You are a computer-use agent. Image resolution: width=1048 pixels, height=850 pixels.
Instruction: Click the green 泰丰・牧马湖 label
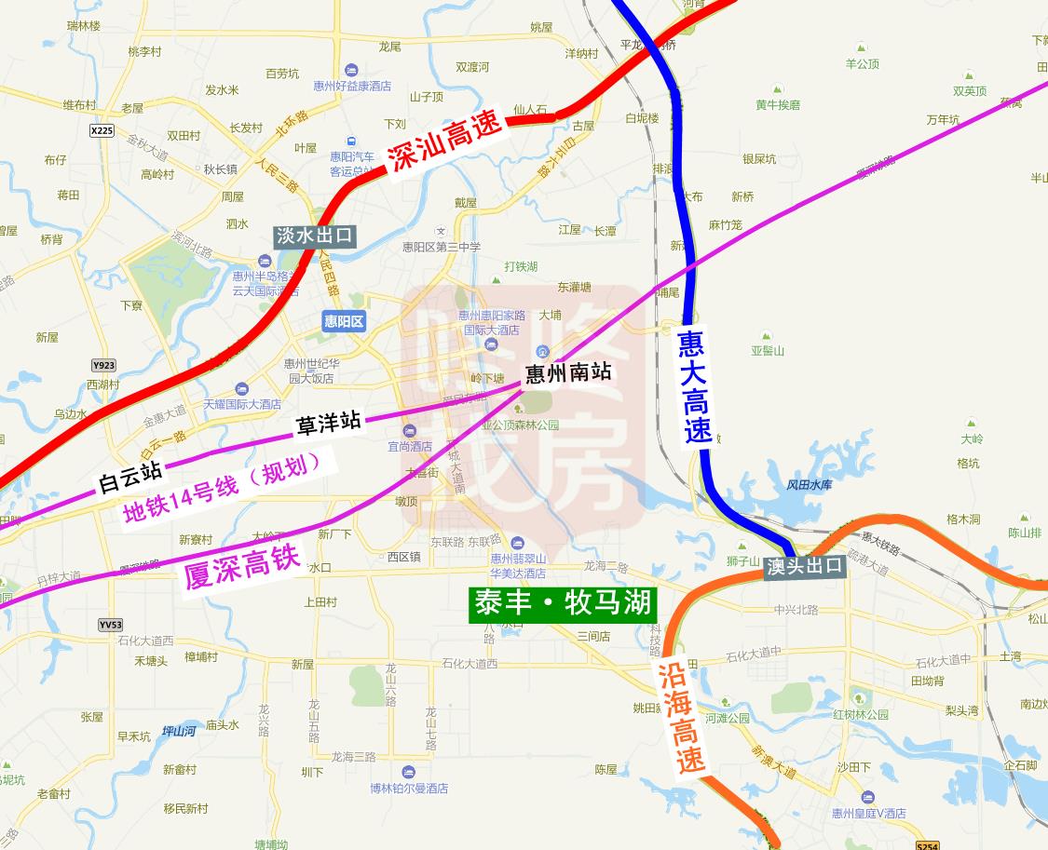click(563, 603)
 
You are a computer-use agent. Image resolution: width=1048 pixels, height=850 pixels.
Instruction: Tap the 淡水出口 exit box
click(315, 236)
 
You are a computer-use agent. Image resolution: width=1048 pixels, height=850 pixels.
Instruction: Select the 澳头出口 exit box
click(805, 565)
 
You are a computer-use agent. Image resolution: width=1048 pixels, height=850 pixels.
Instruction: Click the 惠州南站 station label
click(568, 372)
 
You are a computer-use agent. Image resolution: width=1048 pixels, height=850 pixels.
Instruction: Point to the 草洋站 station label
click(328, 424)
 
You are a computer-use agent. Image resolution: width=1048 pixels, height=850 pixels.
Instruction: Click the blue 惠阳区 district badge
click(344, 321)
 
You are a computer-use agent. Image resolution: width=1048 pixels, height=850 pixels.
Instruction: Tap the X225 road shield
click(102, 131)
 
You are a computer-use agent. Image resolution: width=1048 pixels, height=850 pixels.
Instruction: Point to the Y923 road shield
click(104, 366)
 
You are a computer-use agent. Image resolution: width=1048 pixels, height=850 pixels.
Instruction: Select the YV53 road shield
click(110, 625)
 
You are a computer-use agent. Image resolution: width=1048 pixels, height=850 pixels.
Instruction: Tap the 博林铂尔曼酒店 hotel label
click(409, 788)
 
